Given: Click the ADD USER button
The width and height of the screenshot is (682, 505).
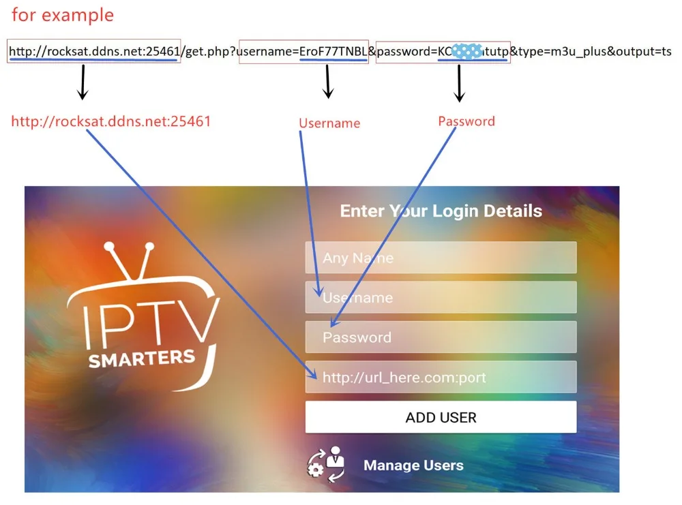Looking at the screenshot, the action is [x=441, y=417].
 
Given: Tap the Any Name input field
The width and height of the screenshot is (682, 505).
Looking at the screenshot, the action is [x=441, y=258].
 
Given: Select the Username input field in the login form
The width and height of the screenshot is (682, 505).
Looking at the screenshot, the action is [x=441, y=298].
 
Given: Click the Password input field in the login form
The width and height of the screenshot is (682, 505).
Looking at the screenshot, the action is [x=441, y=337].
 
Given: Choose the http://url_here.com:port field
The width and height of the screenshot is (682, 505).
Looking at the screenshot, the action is [x=441, y=377].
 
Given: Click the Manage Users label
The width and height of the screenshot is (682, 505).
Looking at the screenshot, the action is [x=413, y=465].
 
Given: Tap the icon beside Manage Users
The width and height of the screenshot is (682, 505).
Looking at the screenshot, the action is [x=326, y=464].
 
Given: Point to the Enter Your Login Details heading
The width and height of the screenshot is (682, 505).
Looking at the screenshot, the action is [x=441, y=211].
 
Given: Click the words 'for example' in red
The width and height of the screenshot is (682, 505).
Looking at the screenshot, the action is [x=63, y=14].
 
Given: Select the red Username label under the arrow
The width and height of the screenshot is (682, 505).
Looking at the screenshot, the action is [x=329, y=123].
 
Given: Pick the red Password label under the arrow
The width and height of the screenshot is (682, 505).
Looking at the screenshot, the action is [x=466, y=121].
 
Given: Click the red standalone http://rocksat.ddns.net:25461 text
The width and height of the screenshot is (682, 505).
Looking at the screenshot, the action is [x=111, y=121].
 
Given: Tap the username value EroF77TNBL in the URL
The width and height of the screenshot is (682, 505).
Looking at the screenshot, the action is [x=333, y=51].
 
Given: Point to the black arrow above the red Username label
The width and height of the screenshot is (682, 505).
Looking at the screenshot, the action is [x=328, y=82].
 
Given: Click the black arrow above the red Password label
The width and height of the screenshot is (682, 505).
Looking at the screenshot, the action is [x=459, y=83].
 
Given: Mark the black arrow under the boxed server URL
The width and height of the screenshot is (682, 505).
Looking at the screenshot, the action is [x=83, y=82].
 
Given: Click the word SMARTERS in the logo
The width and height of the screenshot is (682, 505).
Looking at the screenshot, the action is [x=142, y=357].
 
